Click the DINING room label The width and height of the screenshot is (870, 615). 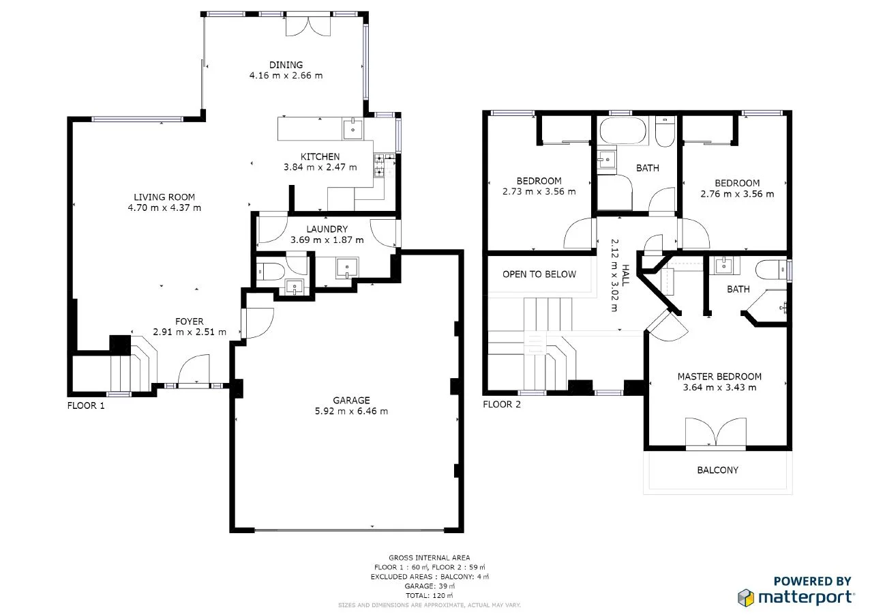click(x=286, y=65)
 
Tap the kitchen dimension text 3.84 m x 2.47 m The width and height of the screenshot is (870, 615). click(x=320, y=167)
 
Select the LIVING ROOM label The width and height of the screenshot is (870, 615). click(x=164, y=197)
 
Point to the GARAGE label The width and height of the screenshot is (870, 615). click(x=351, y=400)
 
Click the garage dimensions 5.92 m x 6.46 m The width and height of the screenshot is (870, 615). click(x=351, y=411)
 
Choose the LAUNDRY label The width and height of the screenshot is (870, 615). click(x=327, y=229)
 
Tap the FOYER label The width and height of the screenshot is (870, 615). click(x=189, y=321)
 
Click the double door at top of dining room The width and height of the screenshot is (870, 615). click(x=307, y=26)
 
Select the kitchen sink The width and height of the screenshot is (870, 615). click(x=352, y=128)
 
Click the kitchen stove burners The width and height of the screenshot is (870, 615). click(x=378, y=165)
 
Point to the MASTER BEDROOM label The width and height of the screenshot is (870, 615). click(x=719, y=376)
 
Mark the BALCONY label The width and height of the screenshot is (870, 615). click(x=717, y=470)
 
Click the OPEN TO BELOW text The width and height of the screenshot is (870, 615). click(x=539, y=274)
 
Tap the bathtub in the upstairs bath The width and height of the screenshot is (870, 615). click(x=621, y=131)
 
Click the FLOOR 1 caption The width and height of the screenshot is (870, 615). click(x=86, y=405)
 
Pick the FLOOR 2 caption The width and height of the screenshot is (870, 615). click(x=501, y=404)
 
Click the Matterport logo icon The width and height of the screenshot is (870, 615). click(x=746, y=597)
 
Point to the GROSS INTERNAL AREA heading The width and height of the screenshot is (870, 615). click(x=429, y=558)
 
